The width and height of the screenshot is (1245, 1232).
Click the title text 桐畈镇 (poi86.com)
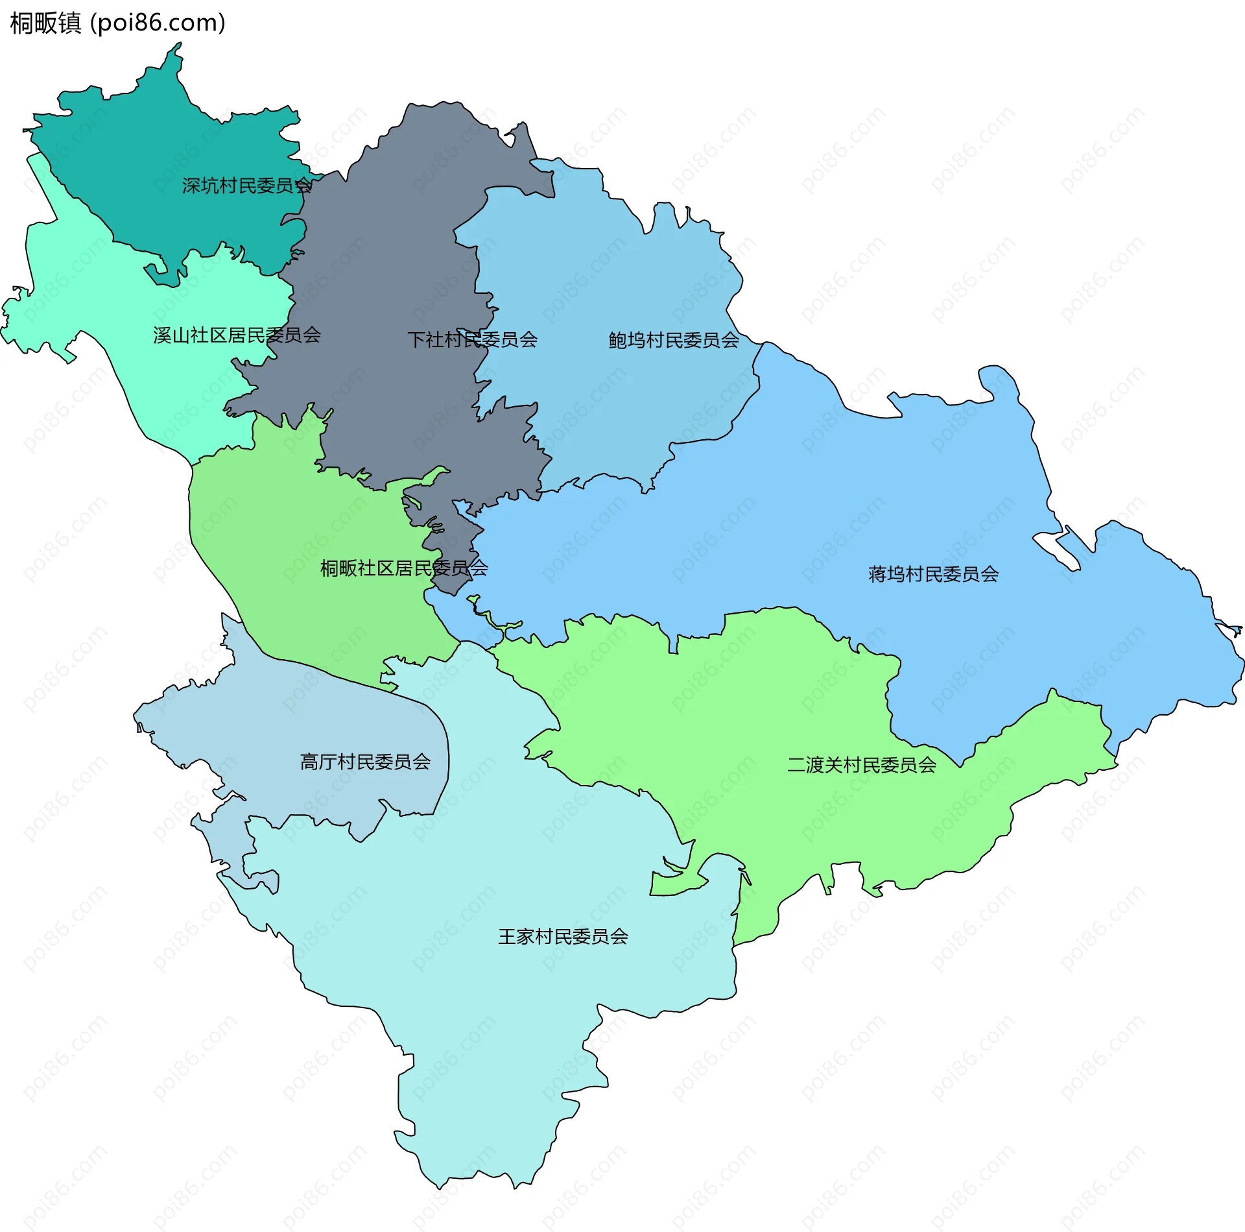tap(117, 23)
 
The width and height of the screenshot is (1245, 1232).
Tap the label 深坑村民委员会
tap(246, 186)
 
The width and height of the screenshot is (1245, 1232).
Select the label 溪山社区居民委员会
tap(237, 335)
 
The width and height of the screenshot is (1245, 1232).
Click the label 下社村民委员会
tap(472, 339)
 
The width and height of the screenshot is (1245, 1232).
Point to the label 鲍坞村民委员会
tap(673, 340)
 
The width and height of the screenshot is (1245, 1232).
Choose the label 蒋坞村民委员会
tap(932, 574)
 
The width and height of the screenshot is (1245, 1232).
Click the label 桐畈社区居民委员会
tap(403, 568)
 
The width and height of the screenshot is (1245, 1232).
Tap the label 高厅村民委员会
tap(365, 762)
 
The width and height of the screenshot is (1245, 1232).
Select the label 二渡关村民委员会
tap(861, 765)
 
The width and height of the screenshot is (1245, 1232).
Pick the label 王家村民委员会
tap(563, 936)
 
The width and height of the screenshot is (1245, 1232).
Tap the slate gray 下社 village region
tap(389, 260)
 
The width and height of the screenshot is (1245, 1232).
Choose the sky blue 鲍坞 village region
tap(616, 272)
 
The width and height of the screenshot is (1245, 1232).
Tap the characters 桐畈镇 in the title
tap(45, 23)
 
